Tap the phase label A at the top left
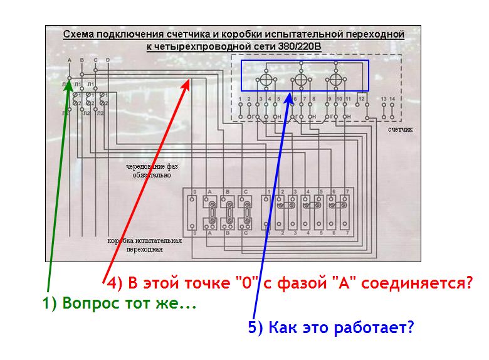(x=69, y=60)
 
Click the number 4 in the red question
(x=112, y=283)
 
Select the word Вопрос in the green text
(x=88, y=305)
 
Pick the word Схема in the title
(x=77, y=34)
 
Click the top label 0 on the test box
(x=196, y=191)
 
